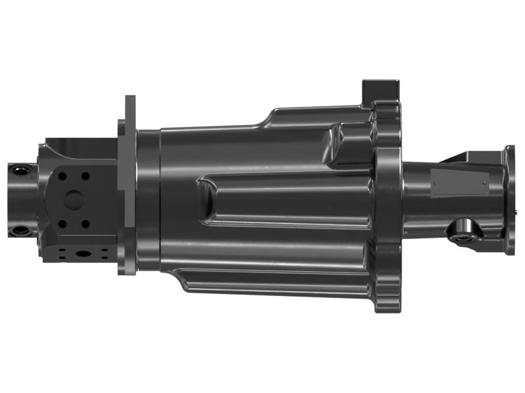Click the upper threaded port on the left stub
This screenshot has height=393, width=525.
coord(21,170)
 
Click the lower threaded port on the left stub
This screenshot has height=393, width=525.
coord(21,231)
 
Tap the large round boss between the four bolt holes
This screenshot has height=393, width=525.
coord(74,199)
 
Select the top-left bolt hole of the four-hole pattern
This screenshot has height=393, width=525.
coord(62,176)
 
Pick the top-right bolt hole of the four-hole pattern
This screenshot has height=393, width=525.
coord(85,176)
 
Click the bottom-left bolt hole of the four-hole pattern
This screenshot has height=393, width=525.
coord(62,223)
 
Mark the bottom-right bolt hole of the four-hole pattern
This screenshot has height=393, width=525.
coord(85,223)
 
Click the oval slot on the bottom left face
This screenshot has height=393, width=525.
coord(84,253)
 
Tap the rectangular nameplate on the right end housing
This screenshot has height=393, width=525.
coord(459,181)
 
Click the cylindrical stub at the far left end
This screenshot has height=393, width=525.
coord(23,200)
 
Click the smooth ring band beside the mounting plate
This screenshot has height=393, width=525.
coord(148,200)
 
